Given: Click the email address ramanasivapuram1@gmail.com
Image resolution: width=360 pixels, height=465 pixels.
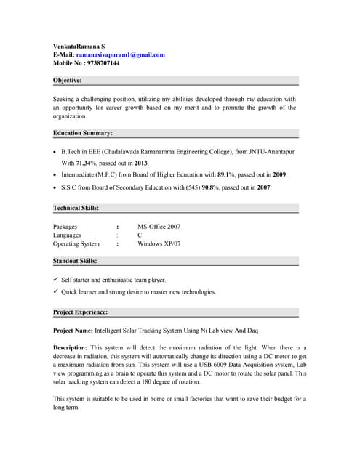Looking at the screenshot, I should coord(122,54).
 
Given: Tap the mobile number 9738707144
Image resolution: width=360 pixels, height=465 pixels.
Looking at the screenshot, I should coord(105,63).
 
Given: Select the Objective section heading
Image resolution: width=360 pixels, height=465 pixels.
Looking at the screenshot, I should coord(68,81).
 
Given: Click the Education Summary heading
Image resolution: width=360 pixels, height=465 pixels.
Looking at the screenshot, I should coord(83,134).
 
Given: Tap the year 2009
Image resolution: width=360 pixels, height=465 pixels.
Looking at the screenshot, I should coord(280,175).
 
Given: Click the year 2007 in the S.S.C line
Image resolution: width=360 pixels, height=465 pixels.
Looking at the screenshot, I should coord(263,187).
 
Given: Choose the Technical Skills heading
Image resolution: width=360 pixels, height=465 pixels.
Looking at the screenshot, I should coord(76,209).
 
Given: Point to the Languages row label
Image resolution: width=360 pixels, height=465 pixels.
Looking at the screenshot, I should coord(68,235).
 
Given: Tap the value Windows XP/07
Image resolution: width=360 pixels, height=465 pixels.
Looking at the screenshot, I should coord(159,244).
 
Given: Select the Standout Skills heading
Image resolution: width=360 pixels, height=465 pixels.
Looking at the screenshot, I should coord(76,261).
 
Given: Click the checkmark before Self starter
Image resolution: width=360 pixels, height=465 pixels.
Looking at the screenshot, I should coord(56,280).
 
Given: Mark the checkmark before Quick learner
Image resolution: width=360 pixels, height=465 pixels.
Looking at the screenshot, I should coord(56,292).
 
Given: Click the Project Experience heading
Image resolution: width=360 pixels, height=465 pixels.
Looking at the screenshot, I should coord(81,312).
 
